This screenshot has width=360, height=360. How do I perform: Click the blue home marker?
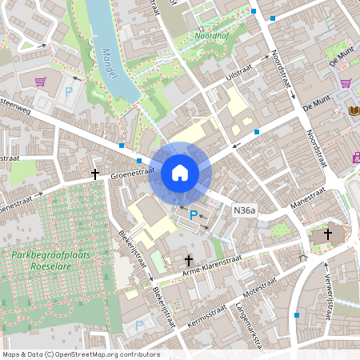coord(180,173)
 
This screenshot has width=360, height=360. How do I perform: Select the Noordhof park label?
coord(213,36)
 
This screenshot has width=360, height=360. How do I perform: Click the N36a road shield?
coord(245,210)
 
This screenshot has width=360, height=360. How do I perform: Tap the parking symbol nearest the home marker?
coord(193,214)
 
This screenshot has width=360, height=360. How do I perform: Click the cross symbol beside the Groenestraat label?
coord(94,174)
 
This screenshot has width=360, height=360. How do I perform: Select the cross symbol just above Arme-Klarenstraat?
coord(190,260)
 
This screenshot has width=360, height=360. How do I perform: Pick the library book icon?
coord(354,110)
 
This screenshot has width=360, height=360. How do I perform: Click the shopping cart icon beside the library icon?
coord(346,82)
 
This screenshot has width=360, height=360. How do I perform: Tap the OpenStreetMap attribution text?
coord(81,354)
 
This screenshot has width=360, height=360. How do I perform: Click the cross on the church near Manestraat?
coord(326,237)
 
